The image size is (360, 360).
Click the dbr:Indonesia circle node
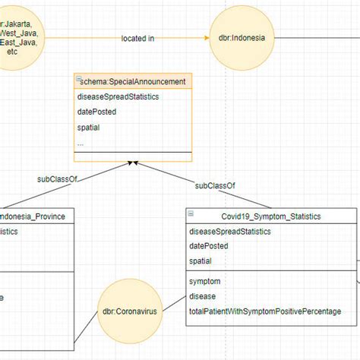(242, 37)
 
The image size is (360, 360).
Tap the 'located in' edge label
(137, 38)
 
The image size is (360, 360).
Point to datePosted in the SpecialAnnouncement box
(96, 112)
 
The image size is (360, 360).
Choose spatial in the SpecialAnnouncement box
(88, 128)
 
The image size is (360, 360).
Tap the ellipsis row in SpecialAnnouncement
(81, 143)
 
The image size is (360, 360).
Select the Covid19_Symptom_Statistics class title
(270, 216)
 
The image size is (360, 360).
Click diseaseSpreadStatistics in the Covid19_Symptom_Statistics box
(230, 232)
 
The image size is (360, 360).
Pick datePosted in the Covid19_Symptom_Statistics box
(210, 247)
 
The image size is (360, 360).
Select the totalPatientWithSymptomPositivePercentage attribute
(265, 311)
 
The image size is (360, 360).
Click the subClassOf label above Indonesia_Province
(57, 180)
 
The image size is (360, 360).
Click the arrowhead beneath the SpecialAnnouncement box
(133, 163)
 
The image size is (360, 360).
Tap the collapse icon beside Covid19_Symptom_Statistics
(192, 216)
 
